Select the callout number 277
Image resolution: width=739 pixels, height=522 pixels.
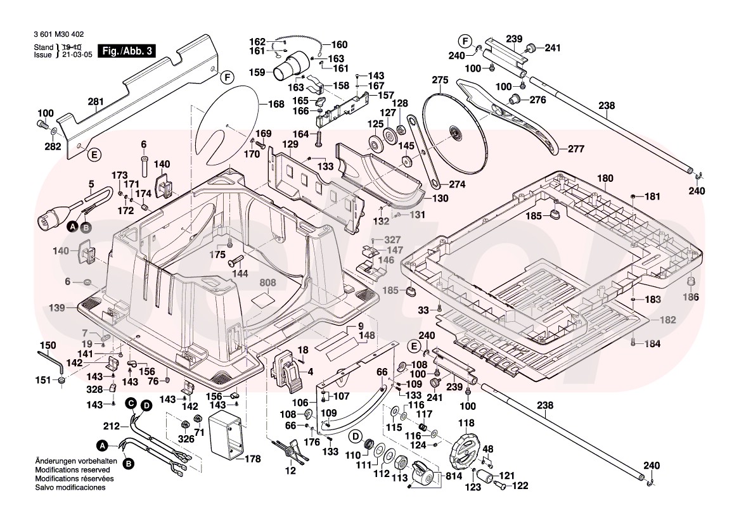575,149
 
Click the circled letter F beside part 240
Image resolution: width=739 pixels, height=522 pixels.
466,42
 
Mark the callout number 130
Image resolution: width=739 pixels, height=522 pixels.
440,198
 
